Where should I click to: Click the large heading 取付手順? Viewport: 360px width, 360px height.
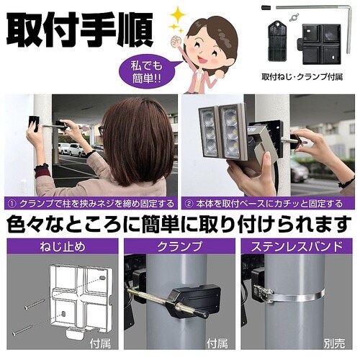pyautogui.click(x=79, y=30)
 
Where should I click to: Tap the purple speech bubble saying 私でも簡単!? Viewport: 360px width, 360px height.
pyautogui.click(x=146, y=72)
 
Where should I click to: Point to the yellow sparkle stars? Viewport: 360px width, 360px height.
pyautogui.click(x=177, y=19)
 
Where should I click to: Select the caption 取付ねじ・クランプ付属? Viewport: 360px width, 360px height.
pyautogui.click(x=302, y=77)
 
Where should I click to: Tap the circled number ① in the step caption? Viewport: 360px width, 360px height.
pyautogui.click(x=12, y=204)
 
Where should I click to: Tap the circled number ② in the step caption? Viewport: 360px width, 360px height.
pyautogui.click(x=189, y=204)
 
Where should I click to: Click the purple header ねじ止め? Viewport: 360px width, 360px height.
pyautogui.click(x=63, y=247)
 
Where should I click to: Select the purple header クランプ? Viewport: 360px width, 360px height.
pyautogui.click(x=179, y=247)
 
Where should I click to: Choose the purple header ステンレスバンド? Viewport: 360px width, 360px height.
pyautogui.click(x=297, y=247)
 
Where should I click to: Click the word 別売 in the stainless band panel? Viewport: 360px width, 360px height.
pyautogui.click(x=334, y=343)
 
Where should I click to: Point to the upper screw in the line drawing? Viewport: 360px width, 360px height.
pyautogui.click(x=35, y=304)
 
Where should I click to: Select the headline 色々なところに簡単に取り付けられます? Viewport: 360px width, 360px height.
pyautogui.click(x=179, y=224)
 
